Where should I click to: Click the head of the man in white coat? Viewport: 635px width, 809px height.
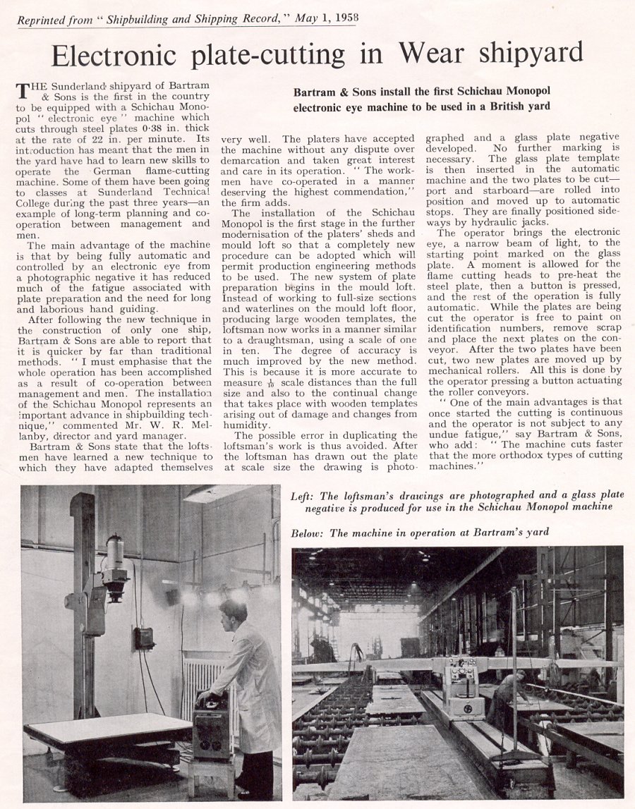tap(233, 610)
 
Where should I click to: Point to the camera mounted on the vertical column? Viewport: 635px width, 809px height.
tap(115, 561)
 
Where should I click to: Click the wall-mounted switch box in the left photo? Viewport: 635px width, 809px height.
tap(145, 637)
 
